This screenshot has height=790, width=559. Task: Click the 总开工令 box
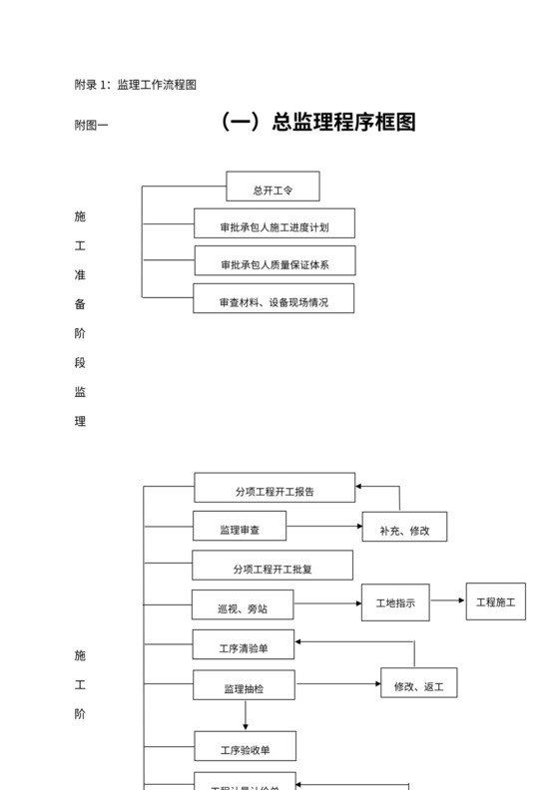point(273,187)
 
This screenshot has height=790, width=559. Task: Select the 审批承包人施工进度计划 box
point(274,223)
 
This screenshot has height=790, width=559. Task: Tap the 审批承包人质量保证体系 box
point(275,261)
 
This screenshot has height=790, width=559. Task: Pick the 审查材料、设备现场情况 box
point(274,298)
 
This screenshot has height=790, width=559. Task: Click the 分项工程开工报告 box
point(275,488)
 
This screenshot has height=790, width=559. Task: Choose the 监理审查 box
point(240,526)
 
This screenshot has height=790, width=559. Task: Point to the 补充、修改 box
point(404,528)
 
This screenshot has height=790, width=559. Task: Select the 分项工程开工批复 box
point(273,566)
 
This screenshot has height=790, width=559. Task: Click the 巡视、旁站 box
point(241,604)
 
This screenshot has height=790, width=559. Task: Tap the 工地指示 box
point(395,601)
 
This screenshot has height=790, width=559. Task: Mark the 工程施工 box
point(496,601)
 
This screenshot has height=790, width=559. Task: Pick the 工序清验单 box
point(244,644)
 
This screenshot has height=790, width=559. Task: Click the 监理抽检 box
point(245,685)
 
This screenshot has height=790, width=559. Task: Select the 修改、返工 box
point(418,683)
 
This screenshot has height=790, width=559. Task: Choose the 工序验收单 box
point(245,746)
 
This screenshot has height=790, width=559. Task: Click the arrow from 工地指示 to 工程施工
point(448,600)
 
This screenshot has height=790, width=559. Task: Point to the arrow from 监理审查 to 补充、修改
point(324,526)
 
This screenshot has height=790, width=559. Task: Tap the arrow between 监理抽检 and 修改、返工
point(338,684)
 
